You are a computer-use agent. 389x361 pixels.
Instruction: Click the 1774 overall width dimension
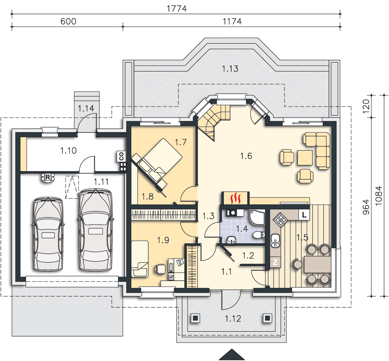pos(176,8)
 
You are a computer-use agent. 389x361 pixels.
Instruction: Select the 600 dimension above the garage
pos(68,21)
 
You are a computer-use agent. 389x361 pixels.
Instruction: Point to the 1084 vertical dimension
pos(379,196)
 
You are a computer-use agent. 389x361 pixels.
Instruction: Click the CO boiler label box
pos(121,157)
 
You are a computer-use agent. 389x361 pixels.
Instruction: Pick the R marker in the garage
pos(48,177)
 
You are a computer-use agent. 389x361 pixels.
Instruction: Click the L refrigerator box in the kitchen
pos(304,214)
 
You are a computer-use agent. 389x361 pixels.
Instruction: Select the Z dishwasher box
pos(275,262)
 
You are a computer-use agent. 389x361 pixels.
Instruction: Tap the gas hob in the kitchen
pos(280,219)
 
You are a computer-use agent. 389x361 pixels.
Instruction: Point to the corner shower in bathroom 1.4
pos(257,218)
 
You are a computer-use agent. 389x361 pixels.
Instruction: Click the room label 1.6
pos(246,156)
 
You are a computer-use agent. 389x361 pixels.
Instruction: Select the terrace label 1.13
pos(230,69)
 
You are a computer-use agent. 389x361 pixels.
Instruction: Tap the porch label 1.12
pos(233,319)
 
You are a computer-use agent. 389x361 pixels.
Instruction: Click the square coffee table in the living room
pos(305,158)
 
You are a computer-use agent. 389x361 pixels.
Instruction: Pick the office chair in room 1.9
pos(160,269)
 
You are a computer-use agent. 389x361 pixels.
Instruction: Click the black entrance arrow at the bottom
pos(232,355)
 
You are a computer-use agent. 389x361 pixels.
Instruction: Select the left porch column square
pos(196,318)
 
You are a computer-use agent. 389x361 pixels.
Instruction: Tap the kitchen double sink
pos(275,241)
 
